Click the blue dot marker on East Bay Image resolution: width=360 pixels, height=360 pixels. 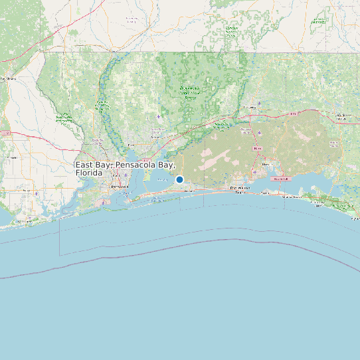pos(179,179)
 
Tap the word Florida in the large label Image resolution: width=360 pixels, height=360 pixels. pos(89,173)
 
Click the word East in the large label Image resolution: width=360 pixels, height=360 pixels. pos(84,164)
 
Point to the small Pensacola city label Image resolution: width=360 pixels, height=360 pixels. pos(120,187)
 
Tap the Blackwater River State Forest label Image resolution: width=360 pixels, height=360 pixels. pos(190,92)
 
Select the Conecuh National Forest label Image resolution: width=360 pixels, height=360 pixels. pos(232,30)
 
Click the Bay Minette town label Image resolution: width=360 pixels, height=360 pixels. pos(8,78)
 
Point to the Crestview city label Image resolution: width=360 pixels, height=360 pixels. pos(250,106)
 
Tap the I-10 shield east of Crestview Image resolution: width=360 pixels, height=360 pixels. pos(292,114)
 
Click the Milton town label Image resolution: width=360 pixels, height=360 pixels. pos(132,144)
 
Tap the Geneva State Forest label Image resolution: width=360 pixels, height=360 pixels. pos(319,20)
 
